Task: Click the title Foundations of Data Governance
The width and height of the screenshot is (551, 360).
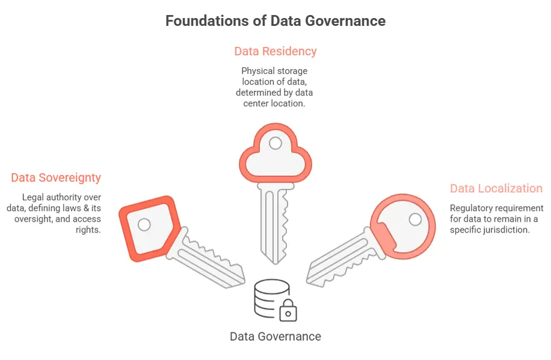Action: (275, 21)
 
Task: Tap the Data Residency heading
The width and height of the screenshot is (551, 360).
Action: (275, 51)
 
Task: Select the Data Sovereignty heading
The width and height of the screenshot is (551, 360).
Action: (56, 178)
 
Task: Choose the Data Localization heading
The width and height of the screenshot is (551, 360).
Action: (496, 189)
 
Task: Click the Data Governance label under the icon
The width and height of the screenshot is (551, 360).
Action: (275, 336)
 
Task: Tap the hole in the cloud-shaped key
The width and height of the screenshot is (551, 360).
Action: (275, 143)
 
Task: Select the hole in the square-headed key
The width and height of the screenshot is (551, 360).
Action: (144, 225)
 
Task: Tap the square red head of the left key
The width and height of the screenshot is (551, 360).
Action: (147, 228)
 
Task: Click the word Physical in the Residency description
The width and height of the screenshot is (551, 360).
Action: (258, 72)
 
